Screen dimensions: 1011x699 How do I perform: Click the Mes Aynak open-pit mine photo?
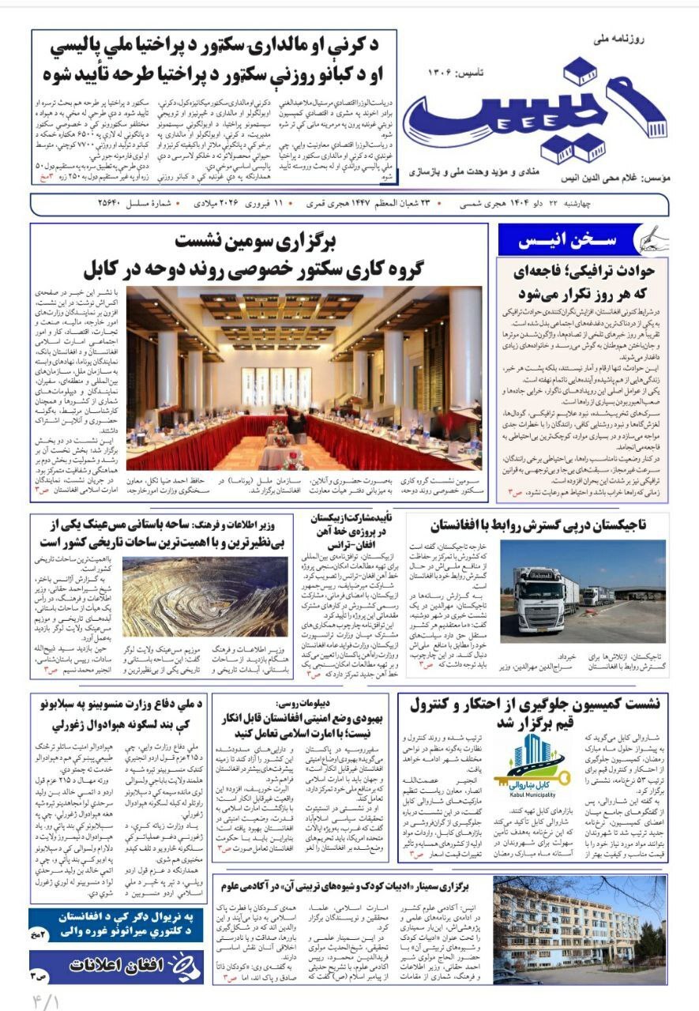click(205, 596)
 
